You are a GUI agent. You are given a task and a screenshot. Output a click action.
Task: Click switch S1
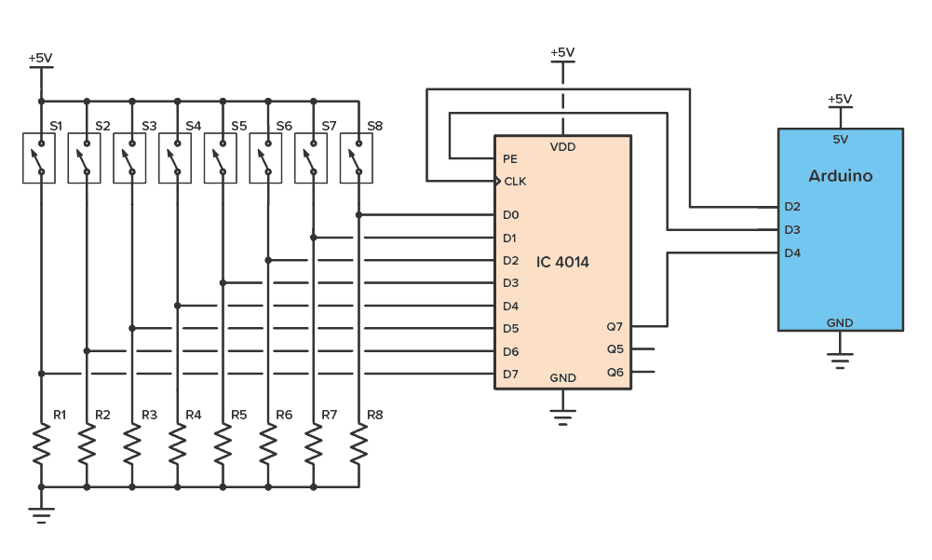(40, 158)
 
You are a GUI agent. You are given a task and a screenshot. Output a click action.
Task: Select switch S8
(358, 158)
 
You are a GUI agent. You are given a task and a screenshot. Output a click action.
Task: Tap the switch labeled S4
(177, 158)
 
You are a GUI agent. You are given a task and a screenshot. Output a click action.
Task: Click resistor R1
(40, 444)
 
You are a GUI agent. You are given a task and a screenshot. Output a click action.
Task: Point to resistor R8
(358, 444)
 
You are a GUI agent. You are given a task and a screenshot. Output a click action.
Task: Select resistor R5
(223, 444)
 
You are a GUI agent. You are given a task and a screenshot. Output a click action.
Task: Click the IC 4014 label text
(562, 263)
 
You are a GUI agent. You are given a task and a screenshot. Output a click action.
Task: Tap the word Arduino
(841, 176)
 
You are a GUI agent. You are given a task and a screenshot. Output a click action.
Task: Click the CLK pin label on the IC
(515, 181)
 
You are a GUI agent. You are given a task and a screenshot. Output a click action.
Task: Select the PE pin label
(510, 158)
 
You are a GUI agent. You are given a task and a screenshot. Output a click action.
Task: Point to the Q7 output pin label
(615, 327)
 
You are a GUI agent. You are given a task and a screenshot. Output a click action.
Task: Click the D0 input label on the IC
(510, 215)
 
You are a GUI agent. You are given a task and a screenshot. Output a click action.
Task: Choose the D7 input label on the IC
(510, 375)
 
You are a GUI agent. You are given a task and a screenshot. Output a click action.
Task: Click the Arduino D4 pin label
(792, 253)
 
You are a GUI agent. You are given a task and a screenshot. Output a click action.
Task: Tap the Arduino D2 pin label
(792, 207)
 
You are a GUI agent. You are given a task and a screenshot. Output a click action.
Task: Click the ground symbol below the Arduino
(840, 362)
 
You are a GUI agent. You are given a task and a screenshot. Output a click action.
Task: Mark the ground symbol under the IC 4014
(561, 417)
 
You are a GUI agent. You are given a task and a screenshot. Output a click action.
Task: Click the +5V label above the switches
(40, 58)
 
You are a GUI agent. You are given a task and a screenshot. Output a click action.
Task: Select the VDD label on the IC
(562, 147)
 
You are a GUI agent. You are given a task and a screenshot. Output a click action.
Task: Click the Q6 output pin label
(615, 373)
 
